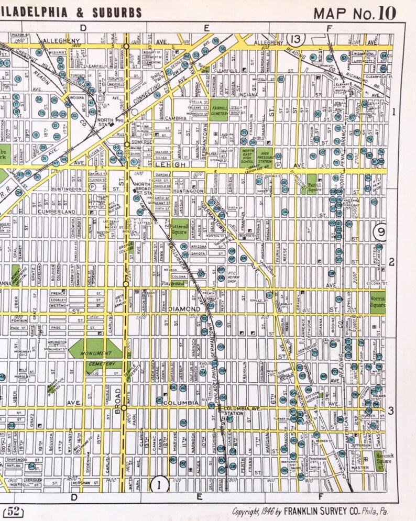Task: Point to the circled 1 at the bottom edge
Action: pos(159,484)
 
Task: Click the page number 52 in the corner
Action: pos(13,510)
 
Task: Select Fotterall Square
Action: pos(179,230)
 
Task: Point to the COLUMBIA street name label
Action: pos(180,403)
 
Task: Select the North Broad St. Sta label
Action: pos(143,189)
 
